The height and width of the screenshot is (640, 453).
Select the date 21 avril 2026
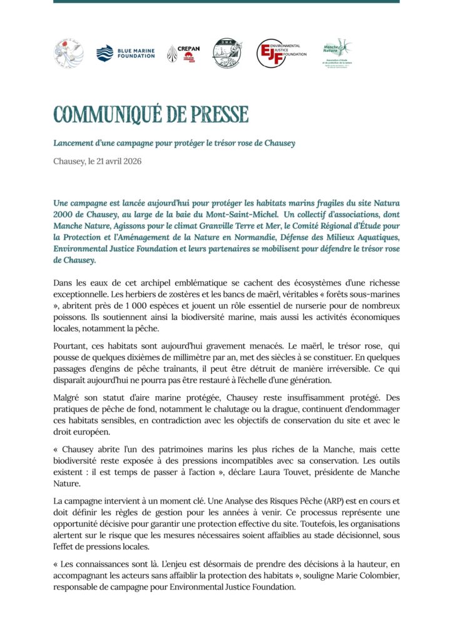coord(116,161)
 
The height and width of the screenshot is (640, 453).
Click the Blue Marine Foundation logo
coord(125,53)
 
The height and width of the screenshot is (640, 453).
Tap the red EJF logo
coord(281,53)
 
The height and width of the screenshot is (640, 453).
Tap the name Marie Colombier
coord(364,576)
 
